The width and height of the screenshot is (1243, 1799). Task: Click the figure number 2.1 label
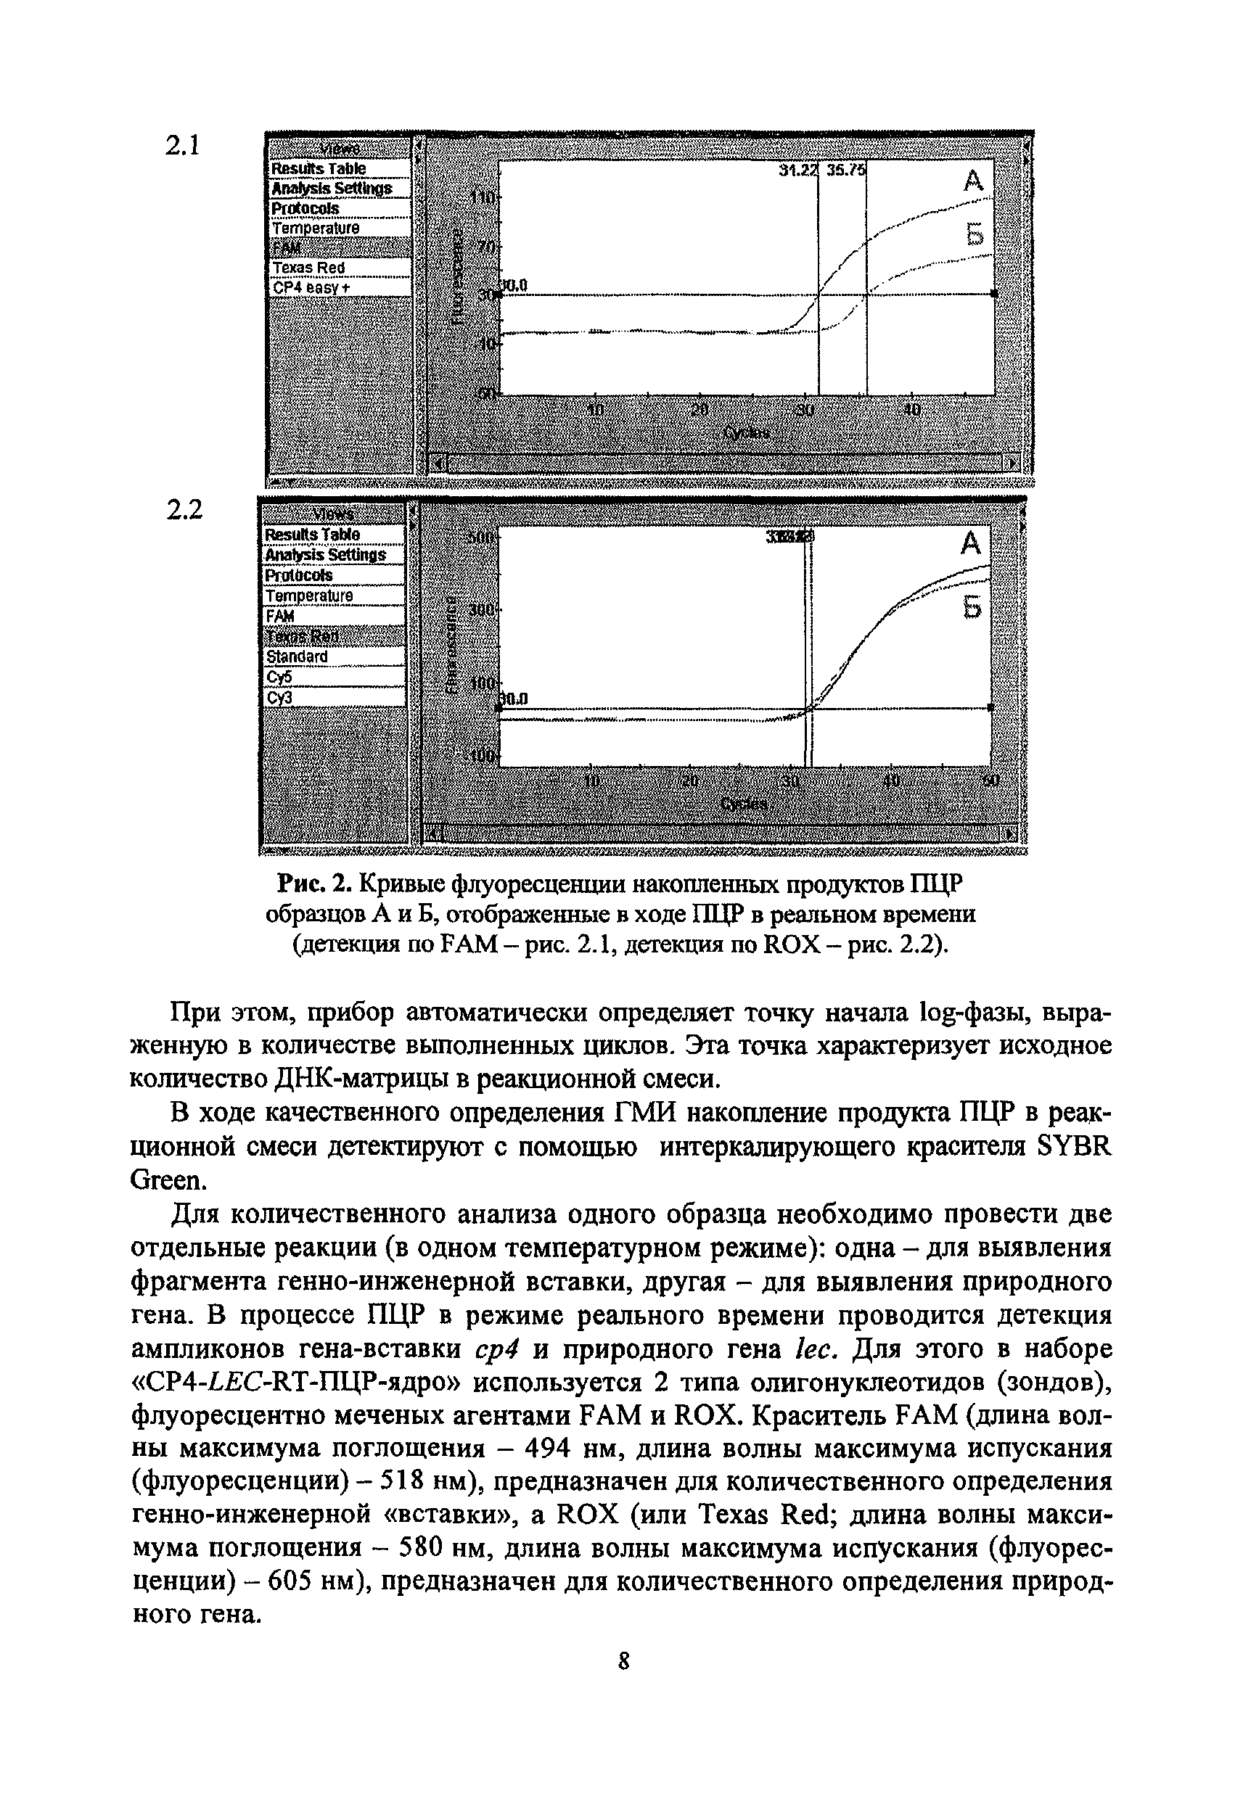(x=184, y=146)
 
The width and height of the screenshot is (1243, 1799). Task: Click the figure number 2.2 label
(x=184, y=510)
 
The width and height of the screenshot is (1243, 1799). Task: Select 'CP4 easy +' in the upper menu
(x=312, y=287)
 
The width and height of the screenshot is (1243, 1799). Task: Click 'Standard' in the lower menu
(x=298, y=656)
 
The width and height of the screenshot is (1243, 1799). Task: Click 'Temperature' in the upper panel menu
(x=316, y=228)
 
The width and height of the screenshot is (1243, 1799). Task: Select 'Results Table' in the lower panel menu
(x=312, y=534)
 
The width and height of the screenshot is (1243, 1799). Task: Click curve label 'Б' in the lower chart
(x=972, y=607)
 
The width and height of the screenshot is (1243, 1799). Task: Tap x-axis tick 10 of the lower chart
(x=592, y=781)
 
